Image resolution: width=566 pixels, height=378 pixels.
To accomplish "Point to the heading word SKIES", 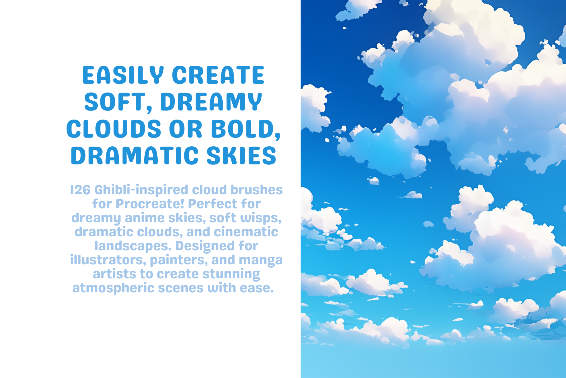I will [x=241, y=156].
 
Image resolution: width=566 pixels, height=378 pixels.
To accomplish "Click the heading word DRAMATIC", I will [x=135, y=156].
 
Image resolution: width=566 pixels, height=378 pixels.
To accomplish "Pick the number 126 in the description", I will [x=80, y=190].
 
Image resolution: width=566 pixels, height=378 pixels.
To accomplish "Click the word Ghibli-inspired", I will [x=141, y=190].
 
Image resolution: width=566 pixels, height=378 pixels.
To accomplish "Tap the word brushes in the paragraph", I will [x=257, y=190].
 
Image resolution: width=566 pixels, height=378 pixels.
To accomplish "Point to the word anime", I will [x=145, y=218].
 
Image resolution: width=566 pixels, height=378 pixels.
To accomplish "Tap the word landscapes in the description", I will [x=132, y=246].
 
